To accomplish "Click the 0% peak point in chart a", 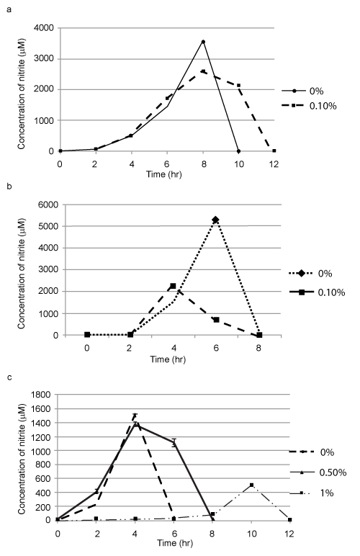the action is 203,42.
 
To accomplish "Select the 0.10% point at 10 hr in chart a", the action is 239,86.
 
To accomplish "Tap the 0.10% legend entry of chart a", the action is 309,106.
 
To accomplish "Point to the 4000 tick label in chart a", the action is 44,28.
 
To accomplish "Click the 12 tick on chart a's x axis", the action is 274,163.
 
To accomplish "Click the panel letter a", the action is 9,9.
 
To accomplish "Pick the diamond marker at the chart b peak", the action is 215,220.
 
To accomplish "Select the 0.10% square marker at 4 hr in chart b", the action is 173,286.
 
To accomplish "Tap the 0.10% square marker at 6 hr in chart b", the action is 216,320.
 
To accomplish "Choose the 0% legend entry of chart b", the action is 311,274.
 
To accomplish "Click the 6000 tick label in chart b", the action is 48,205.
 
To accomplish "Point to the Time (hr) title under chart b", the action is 168,359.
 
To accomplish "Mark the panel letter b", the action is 9,186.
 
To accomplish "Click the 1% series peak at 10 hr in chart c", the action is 251,485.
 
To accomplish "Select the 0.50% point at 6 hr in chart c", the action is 174,442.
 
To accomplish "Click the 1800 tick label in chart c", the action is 41,394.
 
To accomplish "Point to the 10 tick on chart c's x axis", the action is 251,534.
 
